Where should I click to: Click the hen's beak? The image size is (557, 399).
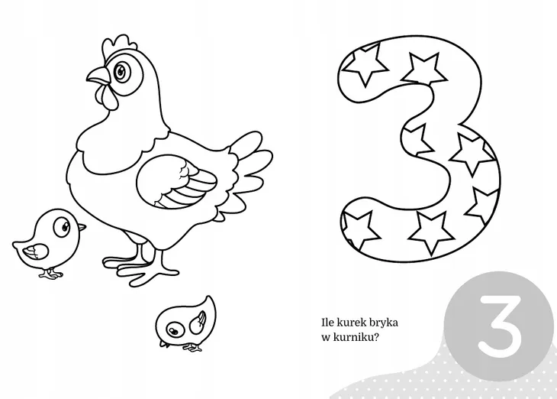pyautogui.click(x=98, y=76)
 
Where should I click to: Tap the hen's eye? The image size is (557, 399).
pyautogui.click(x=121, y=72)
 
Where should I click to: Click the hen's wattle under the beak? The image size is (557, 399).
pyautogui.click(x=106, y=97)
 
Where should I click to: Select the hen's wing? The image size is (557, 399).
pyautogui.click(x=175, y=181)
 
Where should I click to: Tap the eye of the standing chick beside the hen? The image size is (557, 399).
pyautogui.click(x=62, y=226)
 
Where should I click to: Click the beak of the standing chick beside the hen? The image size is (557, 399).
pyautogui.click(x=82, y=227)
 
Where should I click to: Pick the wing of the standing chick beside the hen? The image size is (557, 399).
pyautogui.click(x=36, y=251)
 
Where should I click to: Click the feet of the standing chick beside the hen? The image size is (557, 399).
pyautogui.click(x=51, y=274)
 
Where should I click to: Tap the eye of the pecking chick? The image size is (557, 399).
pyautogui.click(x=174, y=329)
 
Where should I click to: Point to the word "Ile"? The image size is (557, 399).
pyautogui.click(x=327, y=323)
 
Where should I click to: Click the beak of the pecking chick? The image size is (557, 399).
pyautogui.click(x=163, y=343)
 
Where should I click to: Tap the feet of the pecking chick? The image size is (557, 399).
pyautogui.click(x=192, y=347)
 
